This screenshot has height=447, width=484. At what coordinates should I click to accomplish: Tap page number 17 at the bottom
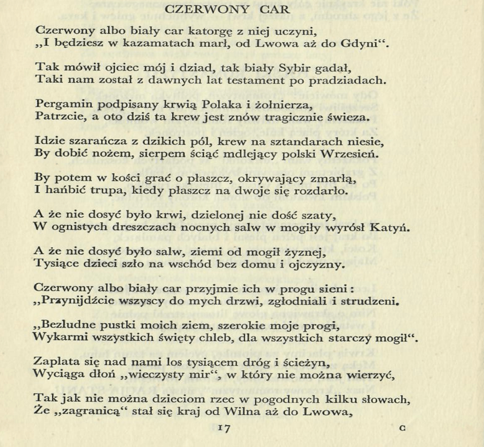[x=224, y=428]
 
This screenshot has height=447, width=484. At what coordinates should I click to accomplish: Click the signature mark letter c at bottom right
[x=402, y=428]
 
